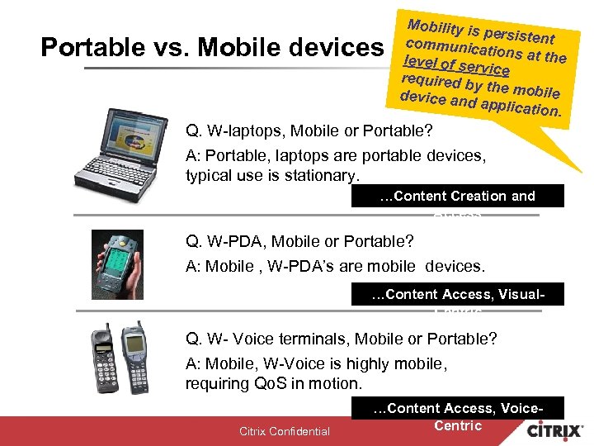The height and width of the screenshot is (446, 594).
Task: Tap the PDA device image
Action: (x=133, y=263)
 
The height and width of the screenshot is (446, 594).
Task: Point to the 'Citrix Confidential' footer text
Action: (x=284, y=431)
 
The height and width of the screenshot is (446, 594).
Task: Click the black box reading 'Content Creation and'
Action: (x=457, y=196)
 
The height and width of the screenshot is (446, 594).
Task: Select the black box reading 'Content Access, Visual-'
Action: (x=457, y=294)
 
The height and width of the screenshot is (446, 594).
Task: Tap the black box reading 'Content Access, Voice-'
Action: (x=457, y=408)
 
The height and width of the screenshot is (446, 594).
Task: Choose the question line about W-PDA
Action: (x=299, y=242)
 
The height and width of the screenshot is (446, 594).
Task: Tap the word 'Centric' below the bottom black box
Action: (x=457, y=425)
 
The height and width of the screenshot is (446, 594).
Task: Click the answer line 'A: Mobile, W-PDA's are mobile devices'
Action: (x=336, y=265)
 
